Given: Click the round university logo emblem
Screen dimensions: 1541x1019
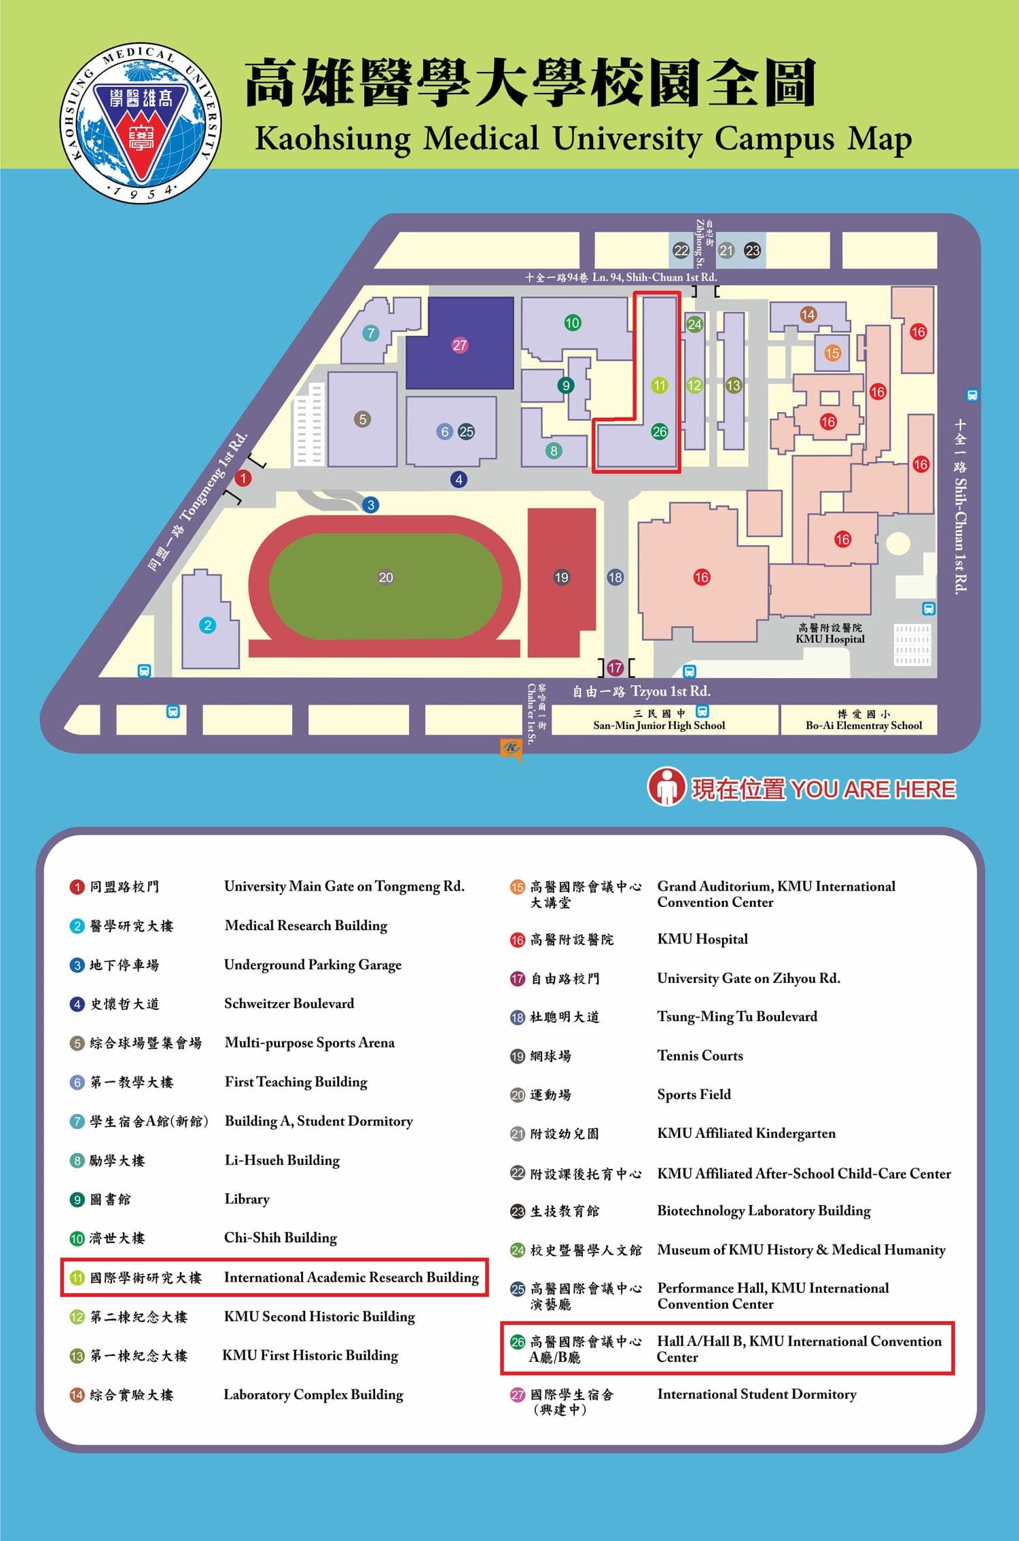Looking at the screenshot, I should pyautogui.click(x=141, y=124).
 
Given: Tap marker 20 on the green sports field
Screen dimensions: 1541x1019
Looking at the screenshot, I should pyautogui.click(x=385, y=578).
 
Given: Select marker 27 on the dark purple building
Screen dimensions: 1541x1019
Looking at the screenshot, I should pyautogui.click(x=460, y=346).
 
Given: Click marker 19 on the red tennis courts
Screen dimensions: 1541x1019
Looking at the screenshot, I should pyautogui.click(x=561, y=578).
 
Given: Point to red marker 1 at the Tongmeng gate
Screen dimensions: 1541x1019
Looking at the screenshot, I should pyautogui.click(x=243, y=479).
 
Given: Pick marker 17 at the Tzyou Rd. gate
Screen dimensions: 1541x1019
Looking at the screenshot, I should pyautogui.click(x=615, y=668).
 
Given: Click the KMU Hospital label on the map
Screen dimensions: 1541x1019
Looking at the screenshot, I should pyautogui.click(x=829, y=634).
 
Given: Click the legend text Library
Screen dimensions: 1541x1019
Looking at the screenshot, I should pyautogui.click(x=247, y=1200).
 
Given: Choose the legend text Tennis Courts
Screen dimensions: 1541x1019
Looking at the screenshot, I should pyautogui.click(x=700, y=1056).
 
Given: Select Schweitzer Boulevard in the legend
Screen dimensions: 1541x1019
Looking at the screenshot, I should pyautogui.click(x=289, y=1003).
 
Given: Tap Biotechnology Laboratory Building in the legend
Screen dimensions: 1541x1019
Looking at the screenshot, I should pyautogui.click(x=764, y=1211).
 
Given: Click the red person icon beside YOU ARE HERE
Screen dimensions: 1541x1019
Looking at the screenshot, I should pyautogui.click(x=666, y=787).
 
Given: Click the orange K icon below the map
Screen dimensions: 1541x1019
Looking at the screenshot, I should pyautogui.click(x=511, y=749).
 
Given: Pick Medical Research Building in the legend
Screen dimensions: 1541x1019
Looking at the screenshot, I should pyautogui.click(x=306, y=926).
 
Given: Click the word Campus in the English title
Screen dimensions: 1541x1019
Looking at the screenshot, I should pyautogui.click(x=774, y=139).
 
